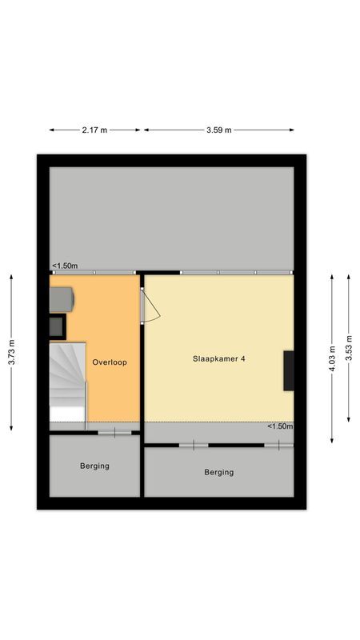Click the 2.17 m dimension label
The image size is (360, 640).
pyautogui.click(x=94, y=130)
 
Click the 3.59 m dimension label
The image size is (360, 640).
pyautogui.click(x=218, y=130)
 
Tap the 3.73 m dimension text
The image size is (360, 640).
pyautogui.click(x=11, y=352)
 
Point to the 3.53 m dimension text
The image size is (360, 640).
pyautogui.click(x=349, y=348)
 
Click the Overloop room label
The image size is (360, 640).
pyautogui.click(x=110, y=362)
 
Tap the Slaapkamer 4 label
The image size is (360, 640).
pyautogui.click(x=218, y=359)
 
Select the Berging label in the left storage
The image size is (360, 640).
pyautogui.click(x=94, y=466)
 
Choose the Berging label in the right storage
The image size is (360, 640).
pyautogui.click(x=218, y=472)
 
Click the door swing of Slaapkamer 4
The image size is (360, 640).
pyautogui.click(x=151, y=306)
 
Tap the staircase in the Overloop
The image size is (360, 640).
pyautogui.click(x=67, y=380)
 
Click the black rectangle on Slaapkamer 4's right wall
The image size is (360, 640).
pyautogui.click(x=288, y=370)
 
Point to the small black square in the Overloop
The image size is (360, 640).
pyautogui.click(x=57, y=326)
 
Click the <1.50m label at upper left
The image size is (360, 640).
pyautogui.click(x=65, y=266)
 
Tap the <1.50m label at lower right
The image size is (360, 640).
pyautogui.click(x=280, y=426)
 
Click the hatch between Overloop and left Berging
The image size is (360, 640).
pyautogui.click(x=114, y=433)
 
